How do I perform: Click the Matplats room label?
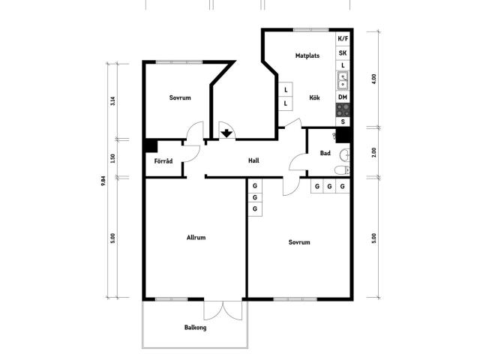[307, 55]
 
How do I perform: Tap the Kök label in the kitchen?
[314, 97]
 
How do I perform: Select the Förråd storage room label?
[163, 160]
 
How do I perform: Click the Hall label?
[253, 160]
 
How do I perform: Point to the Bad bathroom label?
[325, 153]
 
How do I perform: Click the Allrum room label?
[196, 238]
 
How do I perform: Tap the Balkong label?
[195, 328]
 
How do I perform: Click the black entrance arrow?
[226, 133]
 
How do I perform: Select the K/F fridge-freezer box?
[343, 39]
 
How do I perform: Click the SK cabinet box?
[343, 53]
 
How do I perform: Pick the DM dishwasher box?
[343, 97]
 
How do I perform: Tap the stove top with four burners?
[343, 110]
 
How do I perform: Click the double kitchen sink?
[343, 80]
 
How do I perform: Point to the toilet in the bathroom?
[342, 170]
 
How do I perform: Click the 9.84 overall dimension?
[103, 181]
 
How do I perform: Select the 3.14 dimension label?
[113, 101]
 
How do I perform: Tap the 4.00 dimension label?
[373, 79]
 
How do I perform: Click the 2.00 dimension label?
[373, 152]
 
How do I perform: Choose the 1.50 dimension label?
[113, 158]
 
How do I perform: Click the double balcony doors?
[223, 310]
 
